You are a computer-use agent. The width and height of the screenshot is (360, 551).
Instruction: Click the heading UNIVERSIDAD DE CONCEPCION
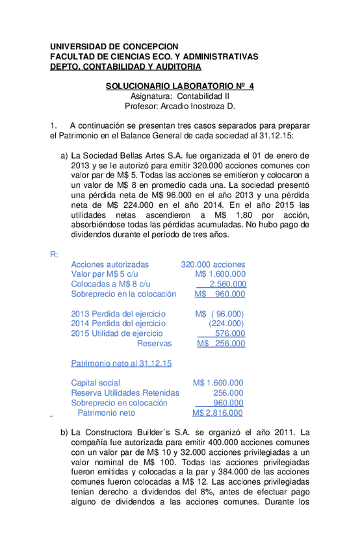(114, 47)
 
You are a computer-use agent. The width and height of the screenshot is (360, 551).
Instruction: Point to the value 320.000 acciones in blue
(212, 264)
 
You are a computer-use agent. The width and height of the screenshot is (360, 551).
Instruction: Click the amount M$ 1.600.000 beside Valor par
(220, 274)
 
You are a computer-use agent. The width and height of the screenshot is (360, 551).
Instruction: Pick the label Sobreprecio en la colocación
(123, 294)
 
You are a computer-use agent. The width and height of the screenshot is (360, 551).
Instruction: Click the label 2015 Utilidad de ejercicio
(117, 333)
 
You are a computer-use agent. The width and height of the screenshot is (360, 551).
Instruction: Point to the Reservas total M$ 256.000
(221, 343)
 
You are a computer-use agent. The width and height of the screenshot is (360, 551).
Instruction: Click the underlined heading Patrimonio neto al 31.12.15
(121, 363)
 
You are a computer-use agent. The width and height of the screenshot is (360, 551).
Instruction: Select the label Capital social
(96, 383)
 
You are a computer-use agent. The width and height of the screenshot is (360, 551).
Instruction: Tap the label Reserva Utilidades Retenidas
(125, 392)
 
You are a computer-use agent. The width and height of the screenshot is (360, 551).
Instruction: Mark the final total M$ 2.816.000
(218, 413)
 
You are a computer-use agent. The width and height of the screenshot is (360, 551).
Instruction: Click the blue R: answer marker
(54, 254)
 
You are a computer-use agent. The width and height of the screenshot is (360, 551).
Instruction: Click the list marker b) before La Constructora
(64, 432)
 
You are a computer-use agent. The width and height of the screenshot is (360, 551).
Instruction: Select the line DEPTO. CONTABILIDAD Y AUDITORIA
(125, 66)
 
